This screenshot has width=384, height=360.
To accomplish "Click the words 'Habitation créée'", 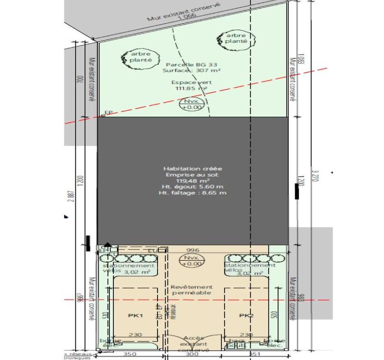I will pos(192,168).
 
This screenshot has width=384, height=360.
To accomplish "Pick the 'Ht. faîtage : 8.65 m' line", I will pos(192,192).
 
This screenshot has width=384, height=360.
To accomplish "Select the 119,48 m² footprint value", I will pos(192,181).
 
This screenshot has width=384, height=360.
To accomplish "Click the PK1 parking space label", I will pos(135,315).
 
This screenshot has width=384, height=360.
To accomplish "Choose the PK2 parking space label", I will pos(246,315).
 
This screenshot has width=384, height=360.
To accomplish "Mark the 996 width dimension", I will pos(192,250).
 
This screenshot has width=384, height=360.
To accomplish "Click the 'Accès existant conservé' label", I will pos(194,344).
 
